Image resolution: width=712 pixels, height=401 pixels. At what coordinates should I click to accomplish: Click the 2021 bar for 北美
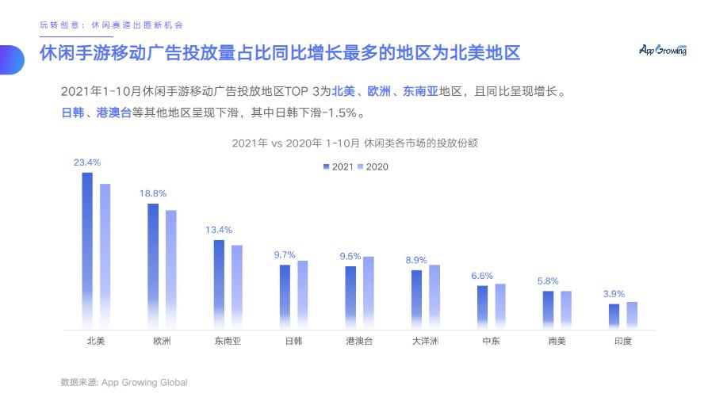[x=87, y=250]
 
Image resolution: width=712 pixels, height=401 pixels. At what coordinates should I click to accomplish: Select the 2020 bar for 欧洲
[x=170, y=269]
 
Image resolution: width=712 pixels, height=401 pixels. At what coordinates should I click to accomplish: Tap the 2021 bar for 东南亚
[x=219, y=284]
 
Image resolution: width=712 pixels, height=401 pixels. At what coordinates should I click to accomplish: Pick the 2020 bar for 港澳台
[x=368, y=292]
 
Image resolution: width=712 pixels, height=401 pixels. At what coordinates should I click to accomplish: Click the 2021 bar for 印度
[x=614, y=316]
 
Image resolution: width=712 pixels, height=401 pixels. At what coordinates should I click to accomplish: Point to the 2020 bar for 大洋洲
[x=434, y=296]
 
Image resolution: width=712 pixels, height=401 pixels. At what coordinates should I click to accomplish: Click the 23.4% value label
[x=87, y=162]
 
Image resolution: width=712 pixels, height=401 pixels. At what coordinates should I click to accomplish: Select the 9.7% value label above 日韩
[x=285, y=255]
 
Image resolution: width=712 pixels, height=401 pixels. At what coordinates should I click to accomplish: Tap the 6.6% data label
[x=482, y=276]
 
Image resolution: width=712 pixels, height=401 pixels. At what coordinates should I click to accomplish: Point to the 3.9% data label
[x=614, y=294]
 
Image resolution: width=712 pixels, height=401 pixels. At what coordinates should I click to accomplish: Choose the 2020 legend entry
[x=372, y=167]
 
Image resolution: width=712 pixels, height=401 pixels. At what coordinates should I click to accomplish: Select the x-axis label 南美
[x=557, y=342]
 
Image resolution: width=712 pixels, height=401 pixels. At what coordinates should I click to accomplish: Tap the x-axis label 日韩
[x=293, y=342]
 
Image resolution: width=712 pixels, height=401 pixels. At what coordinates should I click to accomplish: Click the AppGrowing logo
[x=663, y=50]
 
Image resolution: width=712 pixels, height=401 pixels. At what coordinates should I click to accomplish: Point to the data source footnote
[x=124, y=382]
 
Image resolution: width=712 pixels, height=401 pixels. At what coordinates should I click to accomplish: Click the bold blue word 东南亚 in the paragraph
[x=420, y=91]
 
